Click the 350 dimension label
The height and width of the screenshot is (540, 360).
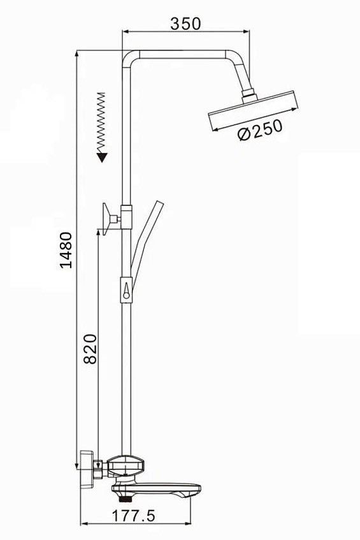point(185,24)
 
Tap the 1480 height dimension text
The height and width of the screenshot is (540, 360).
point(66,250)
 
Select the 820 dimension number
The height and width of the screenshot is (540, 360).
point(90,349)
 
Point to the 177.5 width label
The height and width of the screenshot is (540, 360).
point(134,516)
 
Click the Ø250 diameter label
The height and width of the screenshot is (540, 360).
point(261,129)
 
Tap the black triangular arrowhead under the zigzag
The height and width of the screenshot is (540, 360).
point(102,157)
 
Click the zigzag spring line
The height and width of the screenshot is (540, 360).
point(101,122)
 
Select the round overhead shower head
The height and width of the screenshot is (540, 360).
point(253,110)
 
